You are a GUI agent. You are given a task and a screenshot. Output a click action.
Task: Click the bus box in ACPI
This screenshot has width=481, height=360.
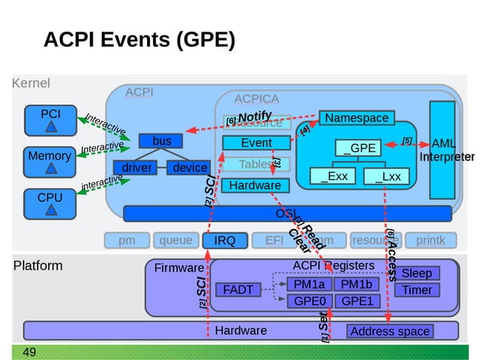click(x=161, y=142)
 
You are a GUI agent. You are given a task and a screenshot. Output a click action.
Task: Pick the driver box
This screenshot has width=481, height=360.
click(x=136, y=168)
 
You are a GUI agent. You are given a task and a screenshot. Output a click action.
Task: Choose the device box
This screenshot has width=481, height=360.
click(x=190, y=168)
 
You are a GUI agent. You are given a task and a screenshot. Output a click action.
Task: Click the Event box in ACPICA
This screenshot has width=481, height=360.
click(x=256, y=143)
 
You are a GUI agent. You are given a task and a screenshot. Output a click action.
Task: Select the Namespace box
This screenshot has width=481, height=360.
click(x=357, y=118)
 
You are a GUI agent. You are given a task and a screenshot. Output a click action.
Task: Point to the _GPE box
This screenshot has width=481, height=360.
click(x=359, y=148)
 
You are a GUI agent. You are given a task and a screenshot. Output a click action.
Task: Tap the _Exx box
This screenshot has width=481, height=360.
click(x=334, y=177)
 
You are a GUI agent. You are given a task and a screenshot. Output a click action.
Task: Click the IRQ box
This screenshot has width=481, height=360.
click(x=225, y=241)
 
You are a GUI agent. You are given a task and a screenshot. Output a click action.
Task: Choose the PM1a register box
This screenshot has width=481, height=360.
click(x=309, y=285)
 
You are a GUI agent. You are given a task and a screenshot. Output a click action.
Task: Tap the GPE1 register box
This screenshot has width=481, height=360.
click(x=357, y=301)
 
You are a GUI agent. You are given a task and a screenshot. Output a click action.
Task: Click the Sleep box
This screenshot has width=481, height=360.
click(x=417, y=273)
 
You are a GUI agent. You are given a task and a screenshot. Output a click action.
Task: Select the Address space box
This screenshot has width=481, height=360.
click(x=390, y=331)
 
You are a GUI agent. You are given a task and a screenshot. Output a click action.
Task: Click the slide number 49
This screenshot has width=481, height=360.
click(x=30, y=352)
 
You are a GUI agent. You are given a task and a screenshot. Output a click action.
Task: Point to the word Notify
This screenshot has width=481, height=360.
click(x=254, y=117)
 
